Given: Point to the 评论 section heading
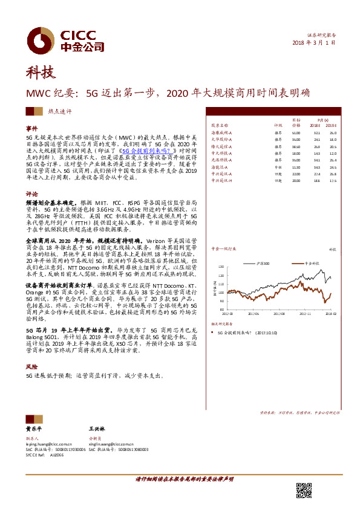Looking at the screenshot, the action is tap(31, 195).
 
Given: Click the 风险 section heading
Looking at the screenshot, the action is tap(31, 367).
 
